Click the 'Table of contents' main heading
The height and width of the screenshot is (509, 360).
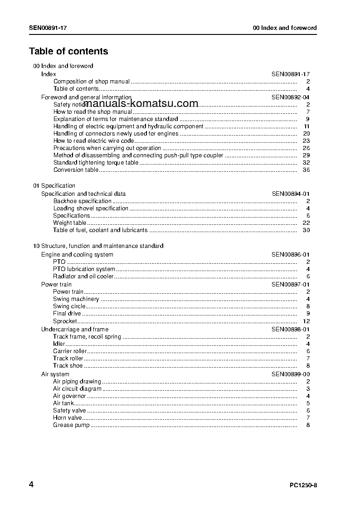pyautogui.click(x=68, y=51)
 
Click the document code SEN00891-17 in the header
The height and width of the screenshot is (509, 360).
pyautogui.click(x=48, y=28)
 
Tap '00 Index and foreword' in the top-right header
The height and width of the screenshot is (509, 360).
pyautogui.click(x=285, y=28)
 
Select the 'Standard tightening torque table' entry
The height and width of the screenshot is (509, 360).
pyautogui.click(x=96, y=163)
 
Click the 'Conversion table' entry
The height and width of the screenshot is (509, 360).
pyautogui.click(x=76, y=170)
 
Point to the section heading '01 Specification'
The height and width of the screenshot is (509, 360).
pyautogui.click(x=54, y=186)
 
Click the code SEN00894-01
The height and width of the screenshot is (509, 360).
pyautogui.click(x=291, y=194)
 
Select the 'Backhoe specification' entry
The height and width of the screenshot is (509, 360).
pyautogui.click(x=82, y=201)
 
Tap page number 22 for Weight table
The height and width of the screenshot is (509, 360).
pyautogui.click(x=306, y=223)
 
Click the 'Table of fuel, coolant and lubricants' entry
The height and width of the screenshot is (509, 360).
pyautogui.click(x=100, y=230)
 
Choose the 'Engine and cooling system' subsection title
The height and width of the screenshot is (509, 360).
pyautogui.click(x=77, y=255)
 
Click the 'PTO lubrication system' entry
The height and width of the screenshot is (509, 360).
pyautogui.click(x=84, y=269)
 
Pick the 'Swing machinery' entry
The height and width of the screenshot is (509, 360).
pyautogui.click(x=76, y=299)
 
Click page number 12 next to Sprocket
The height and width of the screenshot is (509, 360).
pyautogui.click(x=306, y=321)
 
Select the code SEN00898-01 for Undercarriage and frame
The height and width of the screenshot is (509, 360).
pyautogui.click(x=291, y=330)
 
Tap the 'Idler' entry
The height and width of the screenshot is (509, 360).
pyautogui.click(x=59, y=344)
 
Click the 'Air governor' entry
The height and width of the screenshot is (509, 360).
pyautogui.click(x=69, y=396)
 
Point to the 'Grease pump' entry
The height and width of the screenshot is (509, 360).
pyautogui.click(x=71, y=425)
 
